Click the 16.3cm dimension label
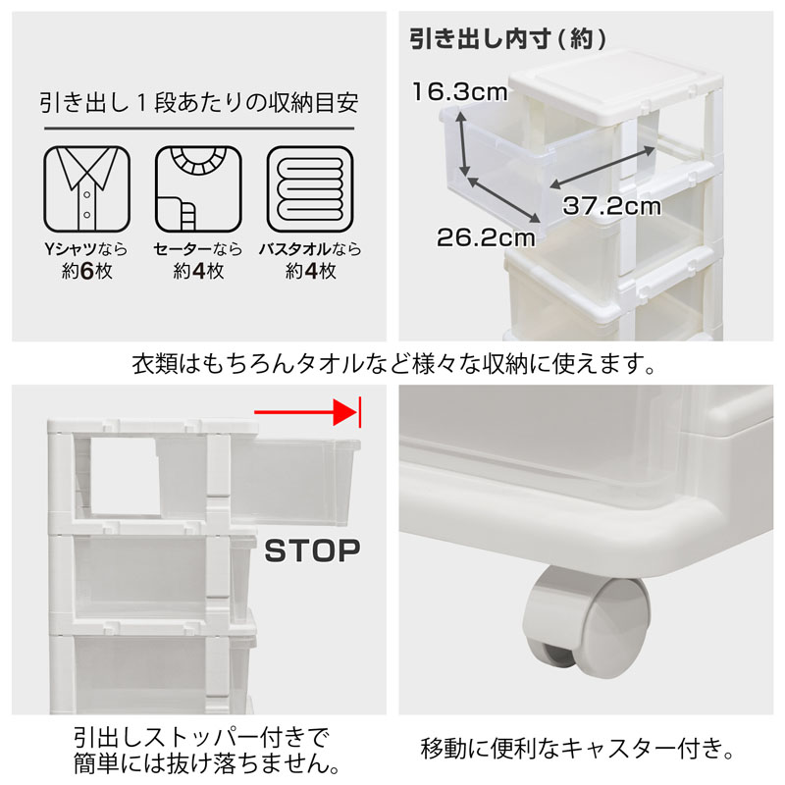(458, 93)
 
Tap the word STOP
(313, 550)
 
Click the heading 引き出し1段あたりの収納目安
(197, 103)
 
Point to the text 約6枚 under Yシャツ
(86, 271)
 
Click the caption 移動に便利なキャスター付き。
(578, 753)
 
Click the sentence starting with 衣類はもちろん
(393, 365)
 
